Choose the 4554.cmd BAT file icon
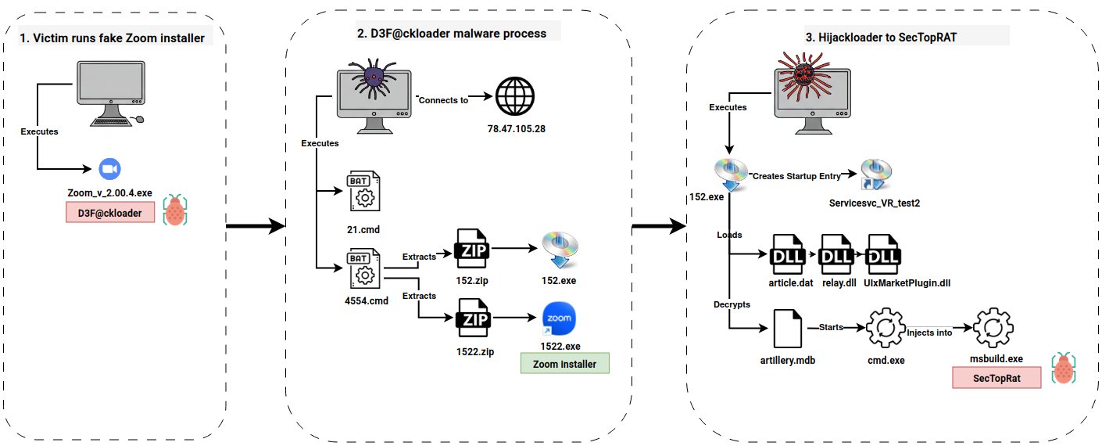(363, 268)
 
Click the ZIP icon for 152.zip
(474, 250)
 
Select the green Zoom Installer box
(564, 364)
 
